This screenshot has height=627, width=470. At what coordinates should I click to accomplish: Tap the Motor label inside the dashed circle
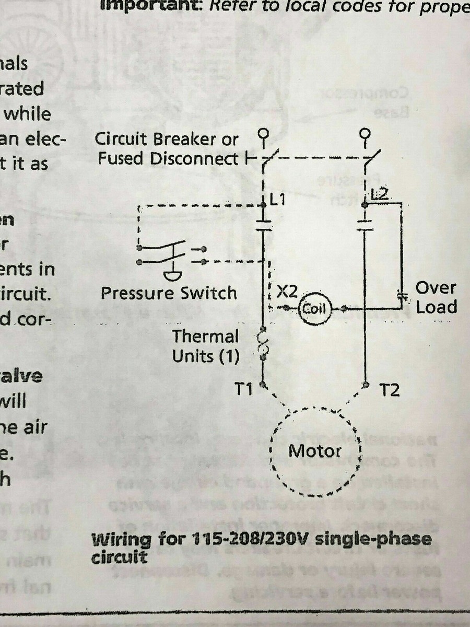[x=315, y=450]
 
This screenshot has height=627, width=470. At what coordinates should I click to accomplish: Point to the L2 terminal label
[x=380, y=195]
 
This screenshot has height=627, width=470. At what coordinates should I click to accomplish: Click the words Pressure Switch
[x=169, y=293]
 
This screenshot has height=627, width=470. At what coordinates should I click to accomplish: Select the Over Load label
[x=436, y=297]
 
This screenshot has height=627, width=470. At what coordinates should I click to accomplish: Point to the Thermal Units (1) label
[x=206, y=346]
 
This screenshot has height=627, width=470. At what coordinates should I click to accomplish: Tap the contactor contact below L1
[x=264, y=225]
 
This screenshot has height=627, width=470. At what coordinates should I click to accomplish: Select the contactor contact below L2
[x=365, y=225]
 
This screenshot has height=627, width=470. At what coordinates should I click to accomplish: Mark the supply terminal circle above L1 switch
[x=264, y=135]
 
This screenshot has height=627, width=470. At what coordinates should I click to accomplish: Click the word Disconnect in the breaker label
[x=204, y=159]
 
